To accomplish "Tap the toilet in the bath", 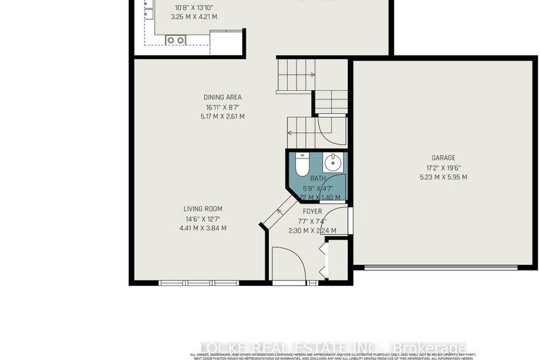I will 301,165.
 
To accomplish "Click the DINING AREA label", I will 222,97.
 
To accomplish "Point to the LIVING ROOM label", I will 203,209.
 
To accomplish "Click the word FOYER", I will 312,211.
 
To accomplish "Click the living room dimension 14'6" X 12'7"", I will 203,218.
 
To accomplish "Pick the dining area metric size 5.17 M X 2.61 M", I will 222,116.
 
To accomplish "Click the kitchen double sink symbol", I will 175,40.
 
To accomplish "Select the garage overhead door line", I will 436,267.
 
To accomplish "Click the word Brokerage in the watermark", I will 430,348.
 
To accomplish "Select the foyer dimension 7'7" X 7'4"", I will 312,221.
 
